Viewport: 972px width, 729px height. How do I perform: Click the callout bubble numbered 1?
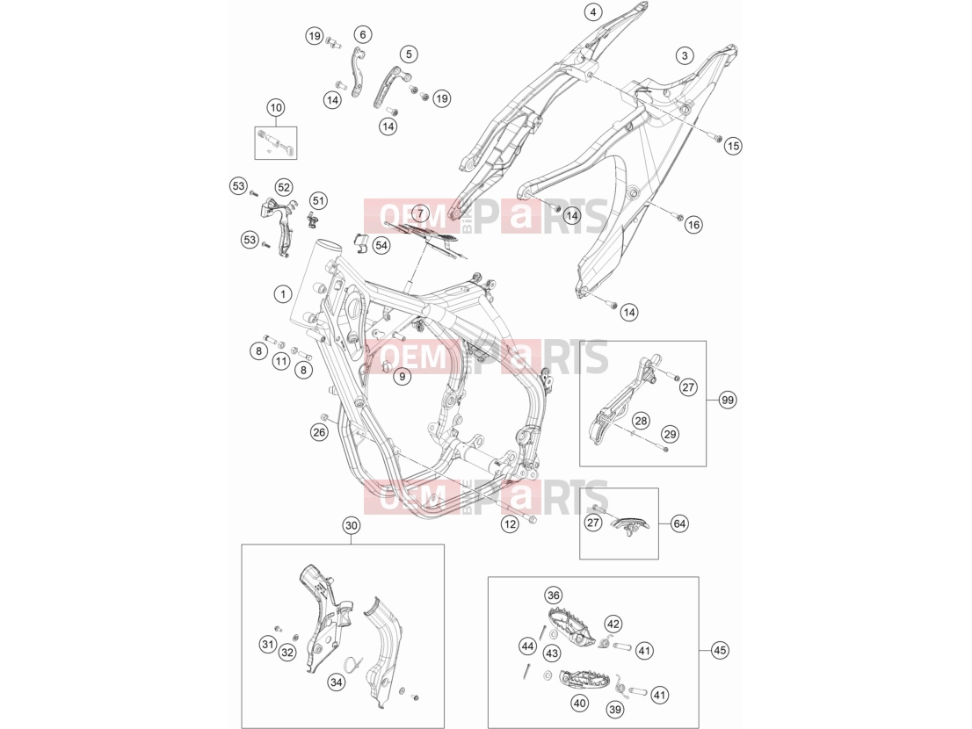283,293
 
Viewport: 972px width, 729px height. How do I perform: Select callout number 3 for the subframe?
685,55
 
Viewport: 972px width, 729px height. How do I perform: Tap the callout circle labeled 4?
593,11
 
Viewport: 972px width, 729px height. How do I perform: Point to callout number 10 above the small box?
276,108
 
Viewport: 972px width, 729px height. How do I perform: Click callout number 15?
733,146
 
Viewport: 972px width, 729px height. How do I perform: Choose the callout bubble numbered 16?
693,225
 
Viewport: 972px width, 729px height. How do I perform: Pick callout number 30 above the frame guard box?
351,526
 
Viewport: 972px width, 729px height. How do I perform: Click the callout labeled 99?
728,401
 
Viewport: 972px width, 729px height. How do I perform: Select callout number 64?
679,524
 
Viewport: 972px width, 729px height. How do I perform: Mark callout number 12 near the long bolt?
510,524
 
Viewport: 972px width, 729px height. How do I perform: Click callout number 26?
319,432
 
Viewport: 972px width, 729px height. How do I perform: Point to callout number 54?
381,245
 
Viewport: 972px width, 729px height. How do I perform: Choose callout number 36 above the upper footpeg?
553,595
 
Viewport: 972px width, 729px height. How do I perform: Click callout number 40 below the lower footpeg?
580,704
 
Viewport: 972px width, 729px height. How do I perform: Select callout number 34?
336,682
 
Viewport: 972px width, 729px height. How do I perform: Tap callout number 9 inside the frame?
402,376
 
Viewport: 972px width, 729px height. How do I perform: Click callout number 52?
283,187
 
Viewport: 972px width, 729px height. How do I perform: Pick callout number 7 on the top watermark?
420,213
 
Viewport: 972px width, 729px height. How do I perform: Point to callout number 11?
281,361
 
